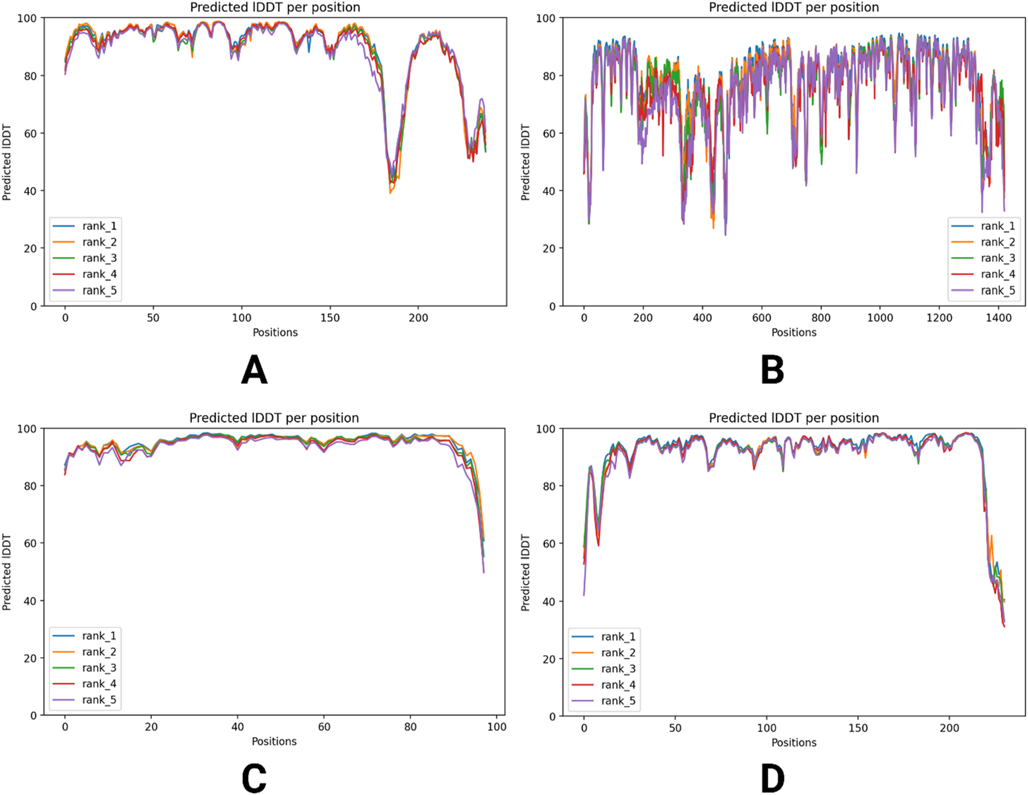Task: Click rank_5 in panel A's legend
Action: tap(99, 290)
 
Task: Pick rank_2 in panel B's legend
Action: tap(997, 242)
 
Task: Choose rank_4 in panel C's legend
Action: tap(99, 684)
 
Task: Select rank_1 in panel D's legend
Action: tap(618, 637)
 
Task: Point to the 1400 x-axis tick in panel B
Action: tap(998, 318)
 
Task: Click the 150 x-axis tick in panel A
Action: tap(330, 318)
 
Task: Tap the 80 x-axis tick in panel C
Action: tap(410, 727)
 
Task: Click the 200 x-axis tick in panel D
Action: tap(949, 728)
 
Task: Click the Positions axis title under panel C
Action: tap(274, 742)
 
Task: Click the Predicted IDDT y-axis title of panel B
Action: tap(526, 162)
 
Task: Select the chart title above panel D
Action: tap(793, 418)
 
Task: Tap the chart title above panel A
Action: tap(274, 8)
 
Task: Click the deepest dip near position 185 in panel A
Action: tap(390, 192)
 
